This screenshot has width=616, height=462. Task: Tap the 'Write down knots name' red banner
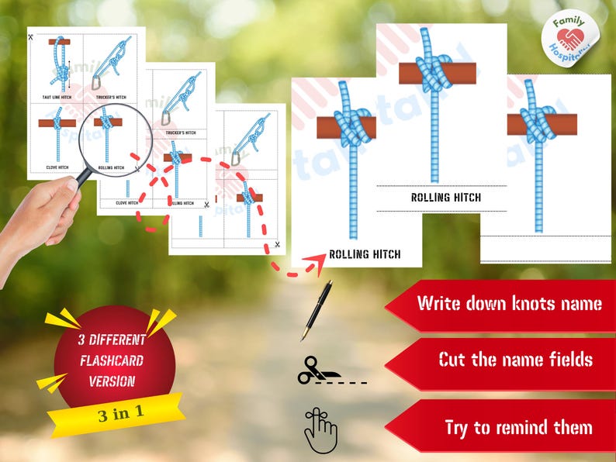coord(504,303)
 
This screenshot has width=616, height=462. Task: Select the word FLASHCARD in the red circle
coord(111,360)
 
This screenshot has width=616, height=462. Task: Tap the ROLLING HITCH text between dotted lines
coord(445,198)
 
